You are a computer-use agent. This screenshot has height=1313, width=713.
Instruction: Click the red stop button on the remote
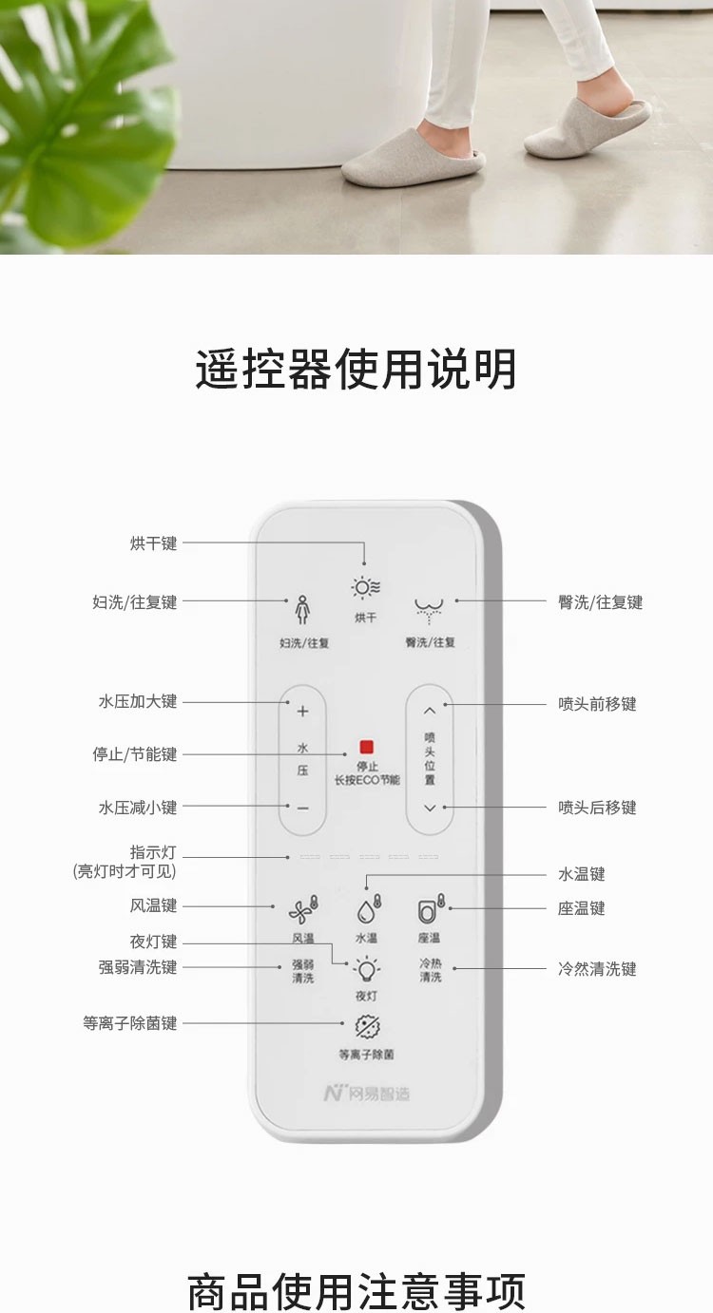click(x=367, y=748)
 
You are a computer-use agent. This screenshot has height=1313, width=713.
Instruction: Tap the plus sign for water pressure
click(x=303, y=711)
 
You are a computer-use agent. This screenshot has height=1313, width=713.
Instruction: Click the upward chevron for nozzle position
click(x=430, y=710)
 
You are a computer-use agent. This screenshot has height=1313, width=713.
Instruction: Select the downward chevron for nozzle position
click(x=430, y=808)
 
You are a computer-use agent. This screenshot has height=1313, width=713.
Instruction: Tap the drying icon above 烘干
click(x=366, y=588)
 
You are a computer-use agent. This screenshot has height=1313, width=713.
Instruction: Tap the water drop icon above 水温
click(x=367, y=909)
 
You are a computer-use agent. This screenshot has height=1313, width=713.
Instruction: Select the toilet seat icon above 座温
click(x=431, y=910)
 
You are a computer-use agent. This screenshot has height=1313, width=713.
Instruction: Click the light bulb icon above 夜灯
click(x=366, y=969)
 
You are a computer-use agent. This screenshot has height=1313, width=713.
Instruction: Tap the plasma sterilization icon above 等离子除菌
click(x=367, y=1027)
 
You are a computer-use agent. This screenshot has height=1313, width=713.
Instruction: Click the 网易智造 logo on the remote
click(x=367, y=1094)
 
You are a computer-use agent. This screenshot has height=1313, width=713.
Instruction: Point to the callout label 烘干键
click(x=154, y=543)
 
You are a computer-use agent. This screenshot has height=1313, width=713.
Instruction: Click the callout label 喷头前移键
click(x=597, y=704)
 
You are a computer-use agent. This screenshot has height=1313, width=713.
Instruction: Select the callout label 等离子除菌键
click(x=130, y=1023)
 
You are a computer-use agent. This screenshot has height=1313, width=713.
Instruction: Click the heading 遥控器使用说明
click(x=356, y=369)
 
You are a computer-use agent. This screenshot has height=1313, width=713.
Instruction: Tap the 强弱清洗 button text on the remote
click(x=302, y=971)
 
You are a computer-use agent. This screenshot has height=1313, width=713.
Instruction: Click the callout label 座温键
click(x=582, y=908)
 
